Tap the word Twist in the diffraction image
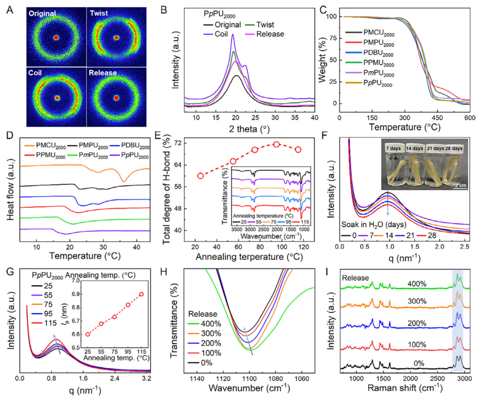100,12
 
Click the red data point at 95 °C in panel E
276,144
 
